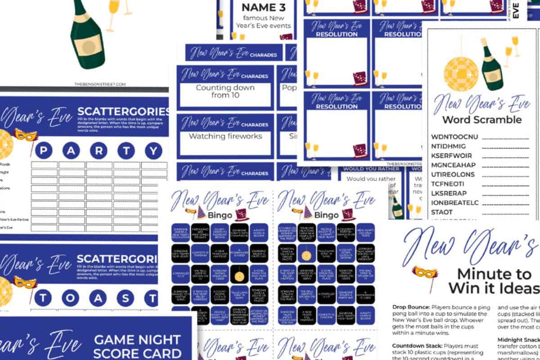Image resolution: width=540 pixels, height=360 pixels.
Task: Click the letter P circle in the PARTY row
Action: [x=44, y=151]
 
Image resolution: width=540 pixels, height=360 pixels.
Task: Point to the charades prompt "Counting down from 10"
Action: [x=225, y=92]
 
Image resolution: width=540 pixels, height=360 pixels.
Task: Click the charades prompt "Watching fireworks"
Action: [x=225, y=136]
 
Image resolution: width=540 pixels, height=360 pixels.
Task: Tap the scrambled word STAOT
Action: [x=442, y=211]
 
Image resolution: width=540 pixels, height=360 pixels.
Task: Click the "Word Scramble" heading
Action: [x=481, y=120]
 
